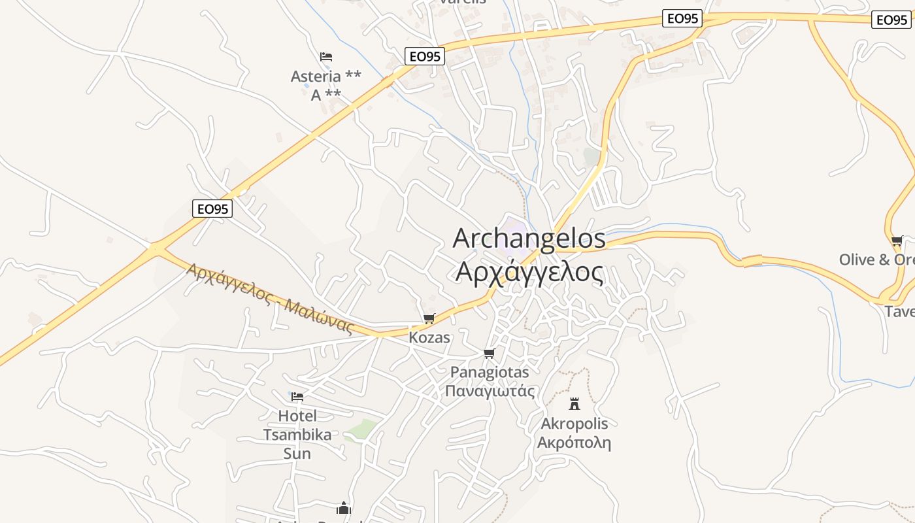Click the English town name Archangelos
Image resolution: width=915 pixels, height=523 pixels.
pos(529,239)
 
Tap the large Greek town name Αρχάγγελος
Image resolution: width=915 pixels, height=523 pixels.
pos(529,272)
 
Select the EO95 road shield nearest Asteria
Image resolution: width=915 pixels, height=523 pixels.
pos(424,57)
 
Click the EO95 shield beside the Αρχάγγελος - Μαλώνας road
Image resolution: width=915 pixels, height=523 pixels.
pos(212,209)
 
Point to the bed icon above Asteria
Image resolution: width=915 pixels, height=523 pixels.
pos(326,57)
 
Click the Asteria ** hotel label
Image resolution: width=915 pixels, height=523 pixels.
pos(325,76)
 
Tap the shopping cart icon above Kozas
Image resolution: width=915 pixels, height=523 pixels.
pos(429,319)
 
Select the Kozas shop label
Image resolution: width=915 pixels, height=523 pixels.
pos(429,338)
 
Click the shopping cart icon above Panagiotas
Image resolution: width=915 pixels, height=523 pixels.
pos(489,354)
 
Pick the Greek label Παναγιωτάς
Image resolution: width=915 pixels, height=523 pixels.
pos(490,392)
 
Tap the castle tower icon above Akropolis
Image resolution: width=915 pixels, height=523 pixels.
pos(574,403)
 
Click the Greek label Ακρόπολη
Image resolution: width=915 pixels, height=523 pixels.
pos(574,443)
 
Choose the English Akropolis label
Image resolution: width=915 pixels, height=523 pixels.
pos(574,424)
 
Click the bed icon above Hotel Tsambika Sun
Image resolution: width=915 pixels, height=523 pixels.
pos(297,397)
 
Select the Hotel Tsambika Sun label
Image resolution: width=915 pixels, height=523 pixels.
pos(297,435)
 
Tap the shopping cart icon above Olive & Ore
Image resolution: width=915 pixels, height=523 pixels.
pos(897,241)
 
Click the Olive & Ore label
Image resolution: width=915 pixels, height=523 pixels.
pos(876,260)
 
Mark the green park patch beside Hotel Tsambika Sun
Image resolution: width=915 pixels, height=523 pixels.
pos(361,430)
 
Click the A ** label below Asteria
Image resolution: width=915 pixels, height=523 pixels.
pos(325,95)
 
